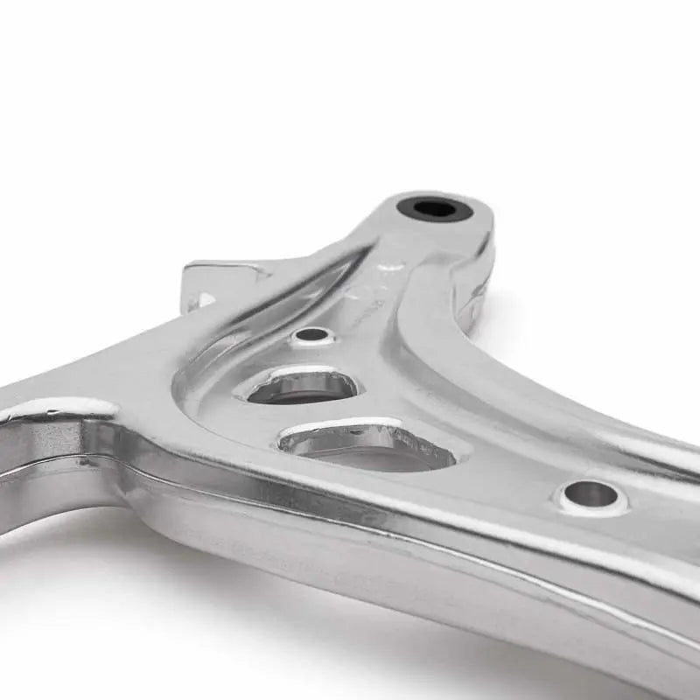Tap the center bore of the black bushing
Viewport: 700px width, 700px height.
pos(435,208)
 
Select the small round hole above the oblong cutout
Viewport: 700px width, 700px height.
pos(313,334)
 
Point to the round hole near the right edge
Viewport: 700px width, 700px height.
pos(590,494)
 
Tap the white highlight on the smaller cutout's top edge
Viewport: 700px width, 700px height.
pos(297,371)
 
